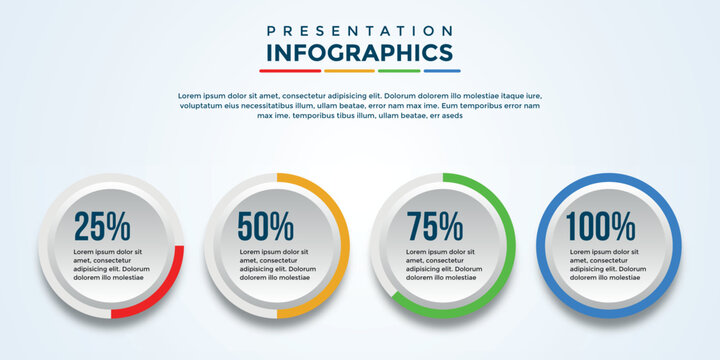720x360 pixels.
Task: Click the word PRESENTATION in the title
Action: coord(360,31)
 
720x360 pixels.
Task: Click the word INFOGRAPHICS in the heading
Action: coord(360,53)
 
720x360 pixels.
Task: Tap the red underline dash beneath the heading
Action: coord(290,71)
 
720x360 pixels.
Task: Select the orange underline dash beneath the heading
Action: coord(349,71)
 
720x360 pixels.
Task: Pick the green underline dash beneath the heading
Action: coord(399,71)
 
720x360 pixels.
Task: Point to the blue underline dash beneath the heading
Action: coord(442,71)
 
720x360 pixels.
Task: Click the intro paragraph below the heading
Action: coord(360,105)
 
